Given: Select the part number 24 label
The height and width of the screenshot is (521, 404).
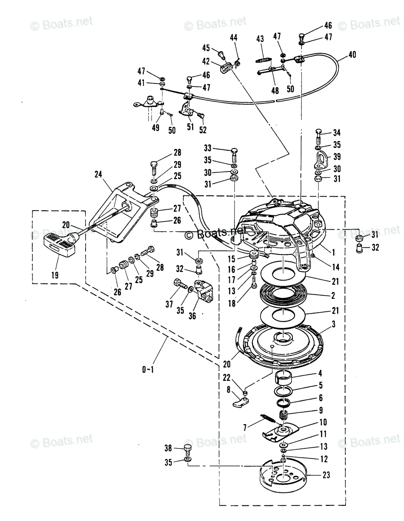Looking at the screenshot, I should tap(98, 175).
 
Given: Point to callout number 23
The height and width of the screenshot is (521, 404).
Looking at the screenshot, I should tap(327, 475).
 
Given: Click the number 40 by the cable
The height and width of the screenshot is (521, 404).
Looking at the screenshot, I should tap(351, 55).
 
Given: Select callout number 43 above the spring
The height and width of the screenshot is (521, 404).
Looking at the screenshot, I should tap(260, 39).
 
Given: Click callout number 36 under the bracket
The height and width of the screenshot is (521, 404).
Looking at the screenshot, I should tap(192, 316).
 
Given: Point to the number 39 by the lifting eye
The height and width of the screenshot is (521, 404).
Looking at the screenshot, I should tap(337, 157).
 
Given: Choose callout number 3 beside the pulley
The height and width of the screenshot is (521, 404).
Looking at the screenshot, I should tap(333, 324).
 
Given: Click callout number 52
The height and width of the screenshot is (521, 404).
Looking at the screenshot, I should tap(202, 129).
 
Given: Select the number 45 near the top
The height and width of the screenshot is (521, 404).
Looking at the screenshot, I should tap(205, 48).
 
